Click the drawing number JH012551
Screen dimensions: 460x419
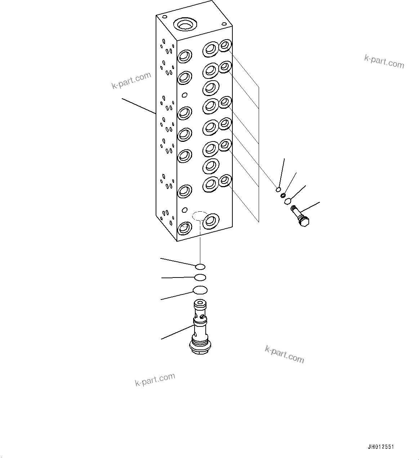[x=381, y=447]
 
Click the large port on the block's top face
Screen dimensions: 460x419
[x=185, y=24]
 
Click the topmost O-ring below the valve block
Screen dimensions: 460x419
[x=200, y=267]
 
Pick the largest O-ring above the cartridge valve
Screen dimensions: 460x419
[x=200, y=290]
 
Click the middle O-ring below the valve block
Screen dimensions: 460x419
[x=200, y=277]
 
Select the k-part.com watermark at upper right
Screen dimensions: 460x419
[x=384, y=61]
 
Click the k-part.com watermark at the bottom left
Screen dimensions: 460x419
[x=155, y=379]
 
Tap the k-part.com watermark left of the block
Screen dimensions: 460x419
[x=131, y=80]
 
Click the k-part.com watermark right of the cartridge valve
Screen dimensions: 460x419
[x=284, y=354]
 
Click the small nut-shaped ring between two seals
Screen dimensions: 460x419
[x=283, y=195]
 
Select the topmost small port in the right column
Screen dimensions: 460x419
[x=225, y=45]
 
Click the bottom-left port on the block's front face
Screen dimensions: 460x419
[x=184, y=227]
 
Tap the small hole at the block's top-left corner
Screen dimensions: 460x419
[x=164, y=17]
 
